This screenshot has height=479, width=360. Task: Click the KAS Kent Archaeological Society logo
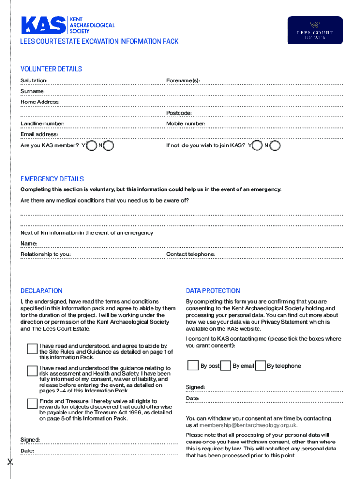[67, 25]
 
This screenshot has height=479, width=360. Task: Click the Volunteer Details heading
[51, 69]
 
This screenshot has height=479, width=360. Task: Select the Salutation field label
[34, 81]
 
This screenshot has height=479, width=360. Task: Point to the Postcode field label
[179, 113]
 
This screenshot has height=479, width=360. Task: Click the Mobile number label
[186, 124]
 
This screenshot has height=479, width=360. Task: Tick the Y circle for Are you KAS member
[92, 146]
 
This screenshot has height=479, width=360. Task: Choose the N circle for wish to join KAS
[275, 146]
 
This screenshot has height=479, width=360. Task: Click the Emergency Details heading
[52, 179]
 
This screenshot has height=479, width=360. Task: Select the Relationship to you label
[45, 254]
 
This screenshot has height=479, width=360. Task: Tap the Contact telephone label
[191, 254]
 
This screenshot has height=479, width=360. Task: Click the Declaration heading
[41, 291]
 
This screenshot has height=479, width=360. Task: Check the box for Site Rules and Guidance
[32, 349]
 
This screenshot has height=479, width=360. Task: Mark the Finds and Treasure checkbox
[32, 404]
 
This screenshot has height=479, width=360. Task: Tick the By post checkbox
[193, 365]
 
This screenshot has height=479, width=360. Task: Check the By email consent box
[225, 365]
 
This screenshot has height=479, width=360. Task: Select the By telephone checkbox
[260, 365]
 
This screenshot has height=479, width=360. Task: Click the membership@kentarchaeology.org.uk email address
[248, 425]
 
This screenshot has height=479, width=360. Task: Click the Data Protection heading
[213, 291]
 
